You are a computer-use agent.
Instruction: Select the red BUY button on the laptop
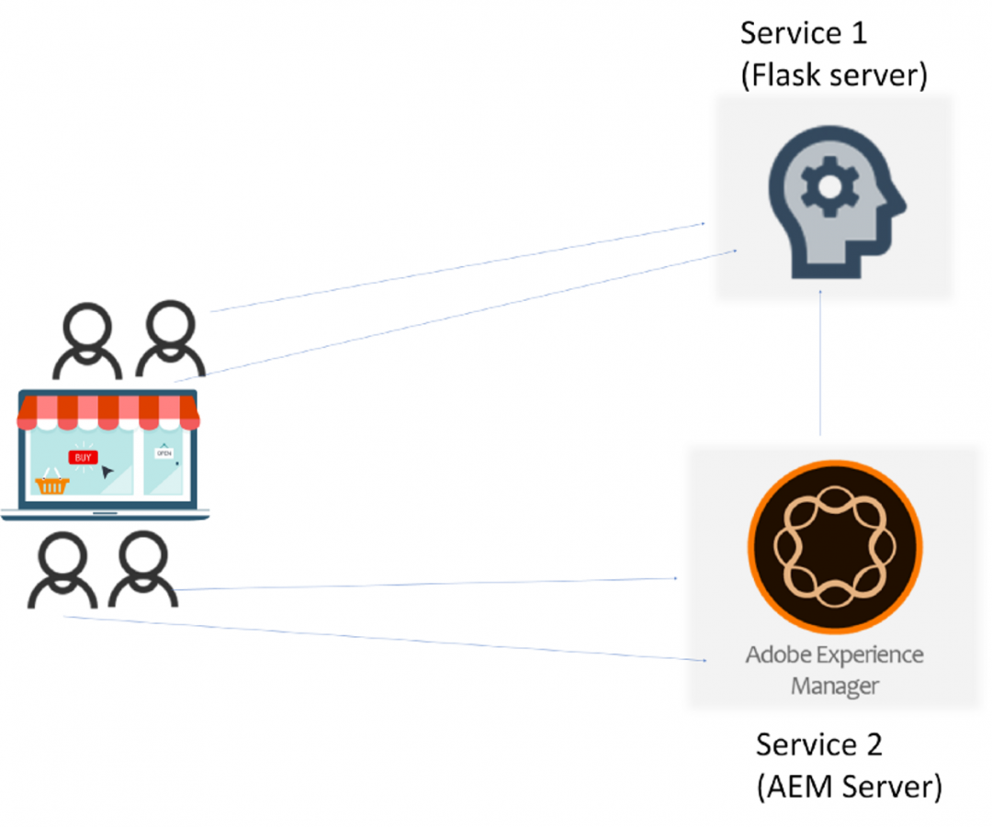(84, 456)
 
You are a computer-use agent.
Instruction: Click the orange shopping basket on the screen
(52, 483)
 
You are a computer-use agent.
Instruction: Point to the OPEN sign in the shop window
(163, 453)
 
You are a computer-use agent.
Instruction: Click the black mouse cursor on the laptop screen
(108, 472)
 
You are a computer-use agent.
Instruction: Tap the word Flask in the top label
(788, 74)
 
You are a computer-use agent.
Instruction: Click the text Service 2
(818, 744)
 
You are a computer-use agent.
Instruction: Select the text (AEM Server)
(849, 787)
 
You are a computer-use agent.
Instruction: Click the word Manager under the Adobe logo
(835, 686)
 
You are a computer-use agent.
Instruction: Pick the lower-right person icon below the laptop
(142, 571)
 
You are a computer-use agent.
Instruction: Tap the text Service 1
(804, 33)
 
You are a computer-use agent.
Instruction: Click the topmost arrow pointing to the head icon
(459, 267)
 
